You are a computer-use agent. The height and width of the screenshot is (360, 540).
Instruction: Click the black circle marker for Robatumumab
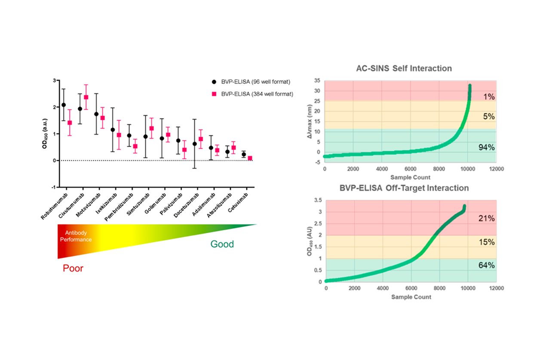[64, 105]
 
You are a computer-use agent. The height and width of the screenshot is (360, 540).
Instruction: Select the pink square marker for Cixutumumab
[86, 97]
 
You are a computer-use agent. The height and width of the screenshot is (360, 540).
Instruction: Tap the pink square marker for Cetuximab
[250, 158]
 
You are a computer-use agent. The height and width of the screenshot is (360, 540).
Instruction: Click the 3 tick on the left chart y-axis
[55, 80]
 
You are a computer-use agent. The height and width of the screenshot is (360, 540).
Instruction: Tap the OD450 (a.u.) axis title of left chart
[44, 134]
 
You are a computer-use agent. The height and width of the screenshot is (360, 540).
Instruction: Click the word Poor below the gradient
[73, 268]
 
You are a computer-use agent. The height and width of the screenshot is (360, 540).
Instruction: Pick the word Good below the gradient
[222, 244]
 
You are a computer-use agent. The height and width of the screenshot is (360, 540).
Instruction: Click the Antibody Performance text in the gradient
[76, 236]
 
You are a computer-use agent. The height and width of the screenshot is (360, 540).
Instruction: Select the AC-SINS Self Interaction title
[404, 68]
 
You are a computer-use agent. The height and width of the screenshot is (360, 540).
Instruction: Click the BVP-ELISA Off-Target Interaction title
[404, 188]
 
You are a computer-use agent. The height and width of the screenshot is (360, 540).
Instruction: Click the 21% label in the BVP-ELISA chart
[486, 218]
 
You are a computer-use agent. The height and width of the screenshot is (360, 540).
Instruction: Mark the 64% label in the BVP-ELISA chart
[486, 265]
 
